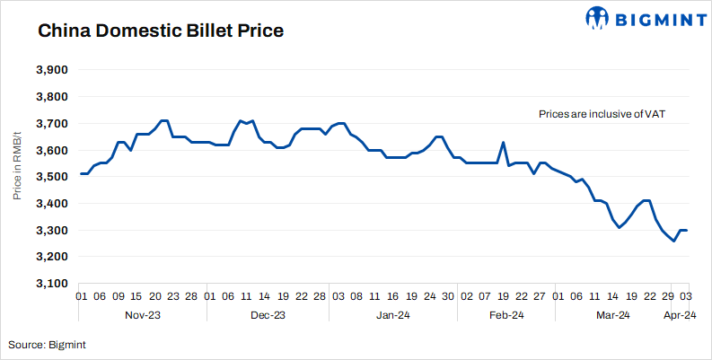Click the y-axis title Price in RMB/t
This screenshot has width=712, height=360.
point(17,177)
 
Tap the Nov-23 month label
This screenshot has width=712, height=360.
point(142,315)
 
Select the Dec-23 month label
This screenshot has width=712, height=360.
point(267,315)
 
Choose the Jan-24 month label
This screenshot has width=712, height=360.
point(393,315)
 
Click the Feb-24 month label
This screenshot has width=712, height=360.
point(506,315)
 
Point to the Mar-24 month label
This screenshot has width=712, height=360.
point(615,315)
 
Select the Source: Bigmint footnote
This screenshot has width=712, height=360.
point(48,344)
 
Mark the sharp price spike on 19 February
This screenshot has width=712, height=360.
point(504,143)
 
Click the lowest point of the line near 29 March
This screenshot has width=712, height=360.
point(674,241)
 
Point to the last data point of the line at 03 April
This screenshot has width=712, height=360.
point(687,231)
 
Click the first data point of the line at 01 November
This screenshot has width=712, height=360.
point(81,174)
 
